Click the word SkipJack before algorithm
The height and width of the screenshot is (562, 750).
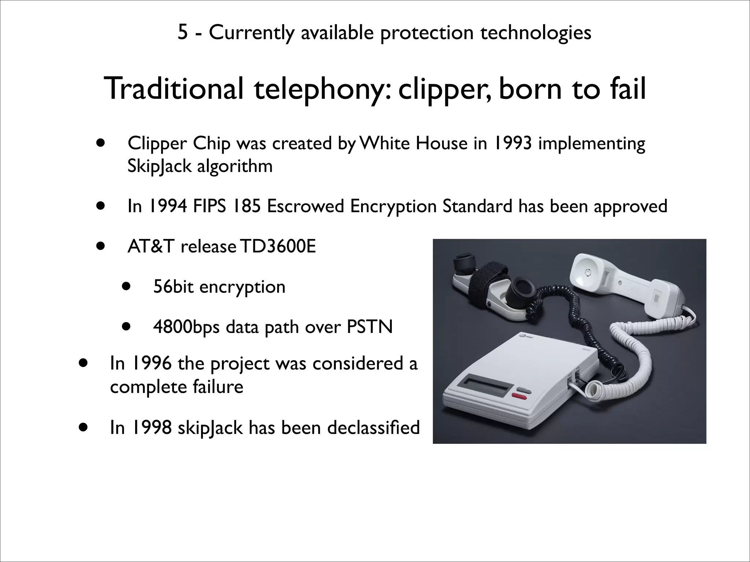[159, 166]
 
